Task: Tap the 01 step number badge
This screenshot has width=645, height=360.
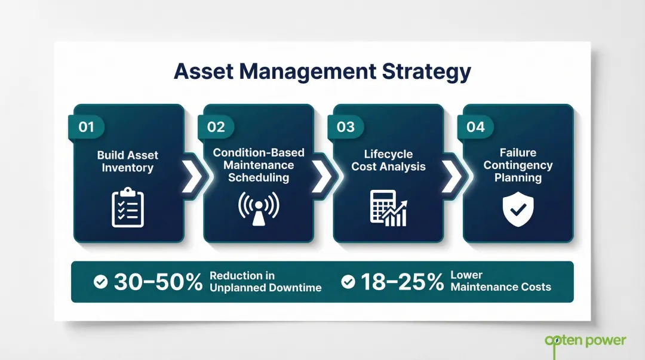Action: pyautogui.click(x=87, y=127)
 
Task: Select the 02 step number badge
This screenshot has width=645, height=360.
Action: pyautogui.click(x=216, y=127)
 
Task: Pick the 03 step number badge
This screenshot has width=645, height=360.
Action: pyautogui.click(x=346, y=127)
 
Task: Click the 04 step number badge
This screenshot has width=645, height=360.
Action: pyautogui.click(x=475, y=127)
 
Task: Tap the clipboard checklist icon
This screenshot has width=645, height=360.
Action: pyautogui.click(x=128, y=207)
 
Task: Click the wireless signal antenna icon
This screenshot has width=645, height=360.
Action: pyautogui.click(x=258, y=208)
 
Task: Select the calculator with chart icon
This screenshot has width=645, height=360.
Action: pyautogui.click(x=388, y=208)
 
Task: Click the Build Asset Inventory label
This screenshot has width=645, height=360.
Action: pyautogui.click(x=128, y=161)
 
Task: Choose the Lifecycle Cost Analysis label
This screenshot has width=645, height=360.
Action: pyautogui.click(x=388, y=160)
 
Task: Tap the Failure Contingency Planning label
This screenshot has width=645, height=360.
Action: pyautogui.click(x=518, y=165)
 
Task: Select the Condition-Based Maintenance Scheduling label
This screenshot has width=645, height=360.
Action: pyautogui.click(x=259, y=165)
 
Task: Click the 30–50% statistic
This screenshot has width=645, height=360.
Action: pyautogui.click(x=158, y=282)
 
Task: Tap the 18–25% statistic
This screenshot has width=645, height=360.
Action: pyautogui.click(x=402, y=282)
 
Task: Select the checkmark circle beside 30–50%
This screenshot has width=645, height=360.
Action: pyautogui.click(x=101, y=282)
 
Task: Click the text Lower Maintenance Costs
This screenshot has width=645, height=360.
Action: pyautogui.click(x=500, y=281)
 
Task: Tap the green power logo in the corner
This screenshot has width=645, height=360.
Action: pyautogui.click(x=585, y=341)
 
